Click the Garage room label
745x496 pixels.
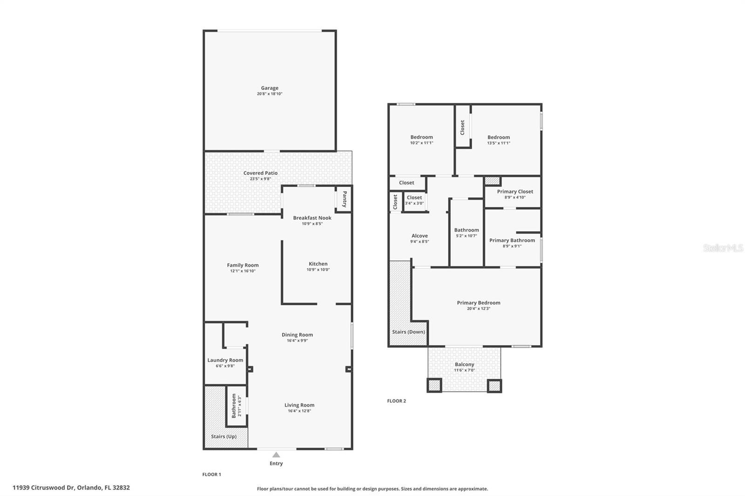click(270, 88)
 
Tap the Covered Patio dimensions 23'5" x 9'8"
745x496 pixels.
click(260, 179)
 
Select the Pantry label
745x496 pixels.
click(345, 199)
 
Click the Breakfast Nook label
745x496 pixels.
click(312, 218)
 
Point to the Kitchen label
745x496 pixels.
click(318, 264)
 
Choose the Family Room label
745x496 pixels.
click(243, 265)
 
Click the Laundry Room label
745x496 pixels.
click(225, 360)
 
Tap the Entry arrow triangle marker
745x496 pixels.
click(276, 455)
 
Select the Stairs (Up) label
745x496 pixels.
click(223, 436)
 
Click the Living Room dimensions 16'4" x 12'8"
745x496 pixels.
click(299, 411)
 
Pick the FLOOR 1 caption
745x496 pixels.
click(211, 475)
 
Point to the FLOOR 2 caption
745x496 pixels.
click(396, 401)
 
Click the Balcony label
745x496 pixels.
click(464, 364)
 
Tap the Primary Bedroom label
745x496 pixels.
click(478, 303)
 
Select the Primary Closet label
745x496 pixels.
click(515, 192)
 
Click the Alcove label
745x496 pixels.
click(419, 236)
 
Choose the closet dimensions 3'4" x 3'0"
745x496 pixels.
click(414, 203)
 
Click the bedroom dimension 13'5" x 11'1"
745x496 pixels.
click(498, 143)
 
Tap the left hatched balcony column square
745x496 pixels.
click(434, 385)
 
